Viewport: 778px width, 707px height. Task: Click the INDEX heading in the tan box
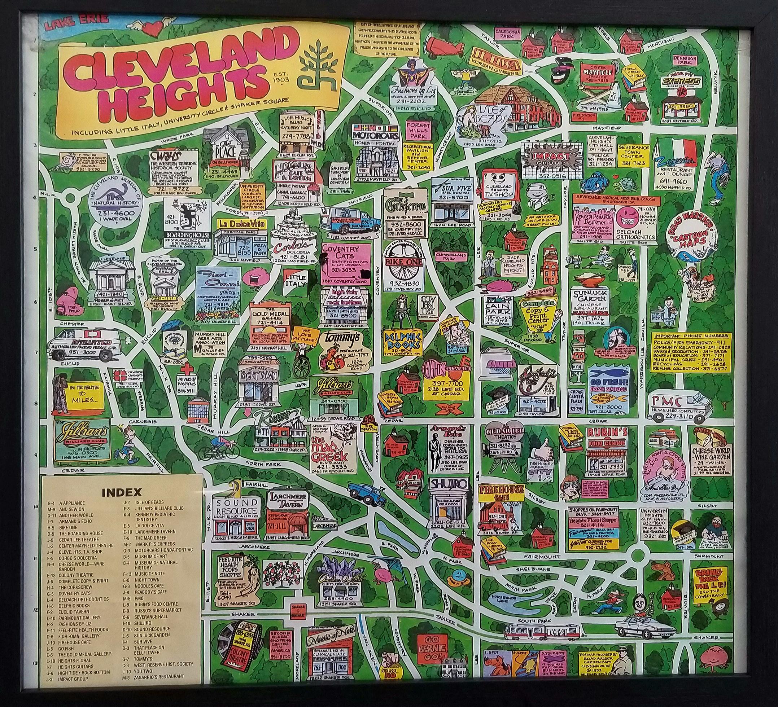coord(122,492)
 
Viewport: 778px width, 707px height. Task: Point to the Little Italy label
coord(295,281)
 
